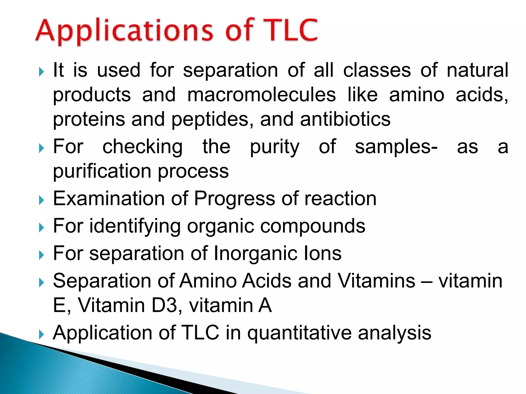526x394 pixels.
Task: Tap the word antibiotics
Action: tap(345, 119)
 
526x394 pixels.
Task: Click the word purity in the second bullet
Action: tap(275, 147)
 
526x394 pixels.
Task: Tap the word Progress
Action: tap(234, 199)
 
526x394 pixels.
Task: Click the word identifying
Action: tap(135, 226)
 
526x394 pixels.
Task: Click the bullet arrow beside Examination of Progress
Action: tap(41, 200)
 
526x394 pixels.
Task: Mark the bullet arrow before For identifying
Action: tap(41, 228)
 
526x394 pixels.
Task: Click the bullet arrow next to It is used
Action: tap(41, 72)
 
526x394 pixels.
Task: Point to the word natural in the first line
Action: tap(477, 70)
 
